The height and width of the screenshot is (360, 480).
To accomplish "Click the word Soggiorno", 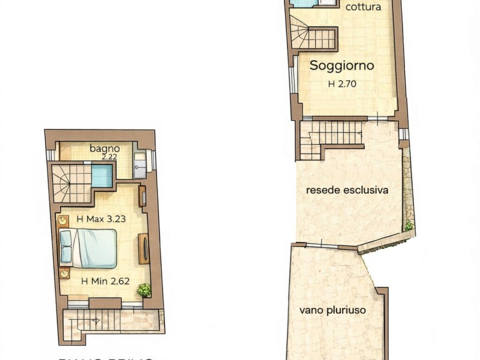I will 341,66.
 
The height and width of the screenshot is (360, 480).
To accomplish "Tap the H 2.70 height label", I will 342,84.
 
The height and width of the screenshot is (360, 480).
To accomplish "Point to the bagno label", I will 105,148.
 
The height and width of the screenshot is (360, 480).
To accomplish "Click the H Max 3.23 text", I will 101,219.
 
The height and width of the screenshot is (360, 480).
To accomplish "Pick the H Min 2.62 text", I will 106,280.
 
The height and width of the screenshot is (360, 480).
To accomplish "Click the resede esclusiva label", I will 347,190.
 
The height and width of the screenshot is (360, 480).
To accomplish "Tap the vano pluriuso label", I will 332,311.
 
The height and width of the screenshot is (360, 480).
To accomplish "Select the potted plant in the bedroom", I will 144,290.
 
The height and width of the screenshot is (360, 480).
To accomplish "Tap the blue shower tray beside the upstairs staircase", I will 102,176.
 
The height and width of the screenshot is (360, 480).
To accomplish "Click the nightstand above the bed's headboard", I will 63,221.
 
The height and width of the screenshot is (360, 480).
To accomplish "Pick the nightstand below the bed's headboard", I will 64,274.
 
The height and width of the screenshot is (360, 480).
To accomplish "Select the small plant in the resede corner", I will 409,226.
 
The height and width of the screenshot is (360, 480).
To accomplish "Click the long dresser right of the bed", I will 144,248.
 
